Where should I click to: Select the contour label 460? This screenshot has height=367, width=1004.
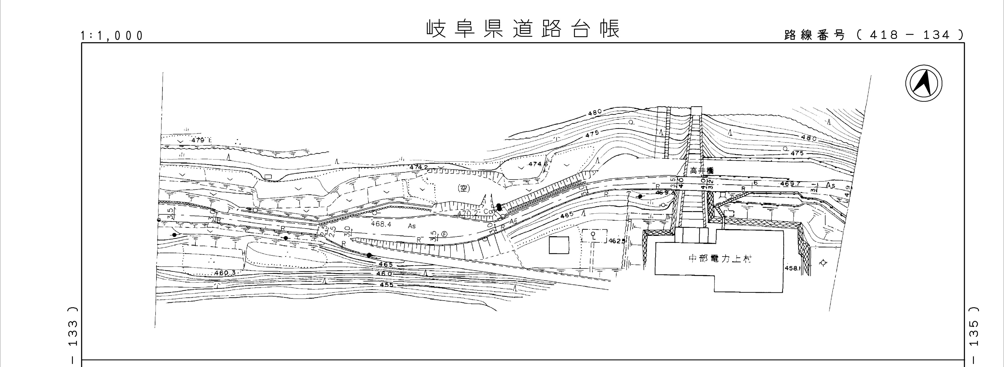(x=384, y=274)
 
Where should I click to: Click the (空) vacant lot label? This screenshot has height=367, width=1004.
(x=464, y=189)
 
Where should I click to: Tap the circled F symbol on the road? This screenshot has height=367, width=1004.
(x=444, y=234)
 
